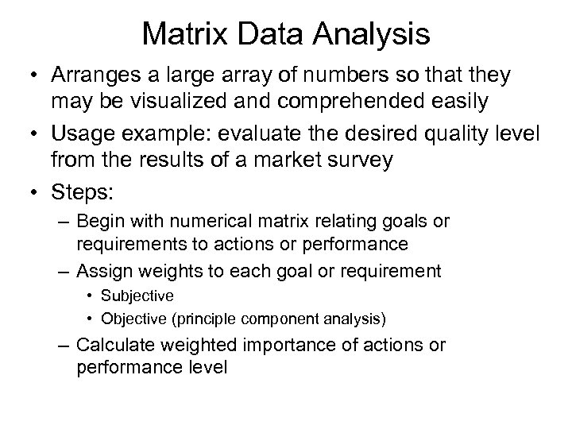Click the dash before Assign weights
point(64,272)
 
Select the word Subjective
point(143,296)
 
